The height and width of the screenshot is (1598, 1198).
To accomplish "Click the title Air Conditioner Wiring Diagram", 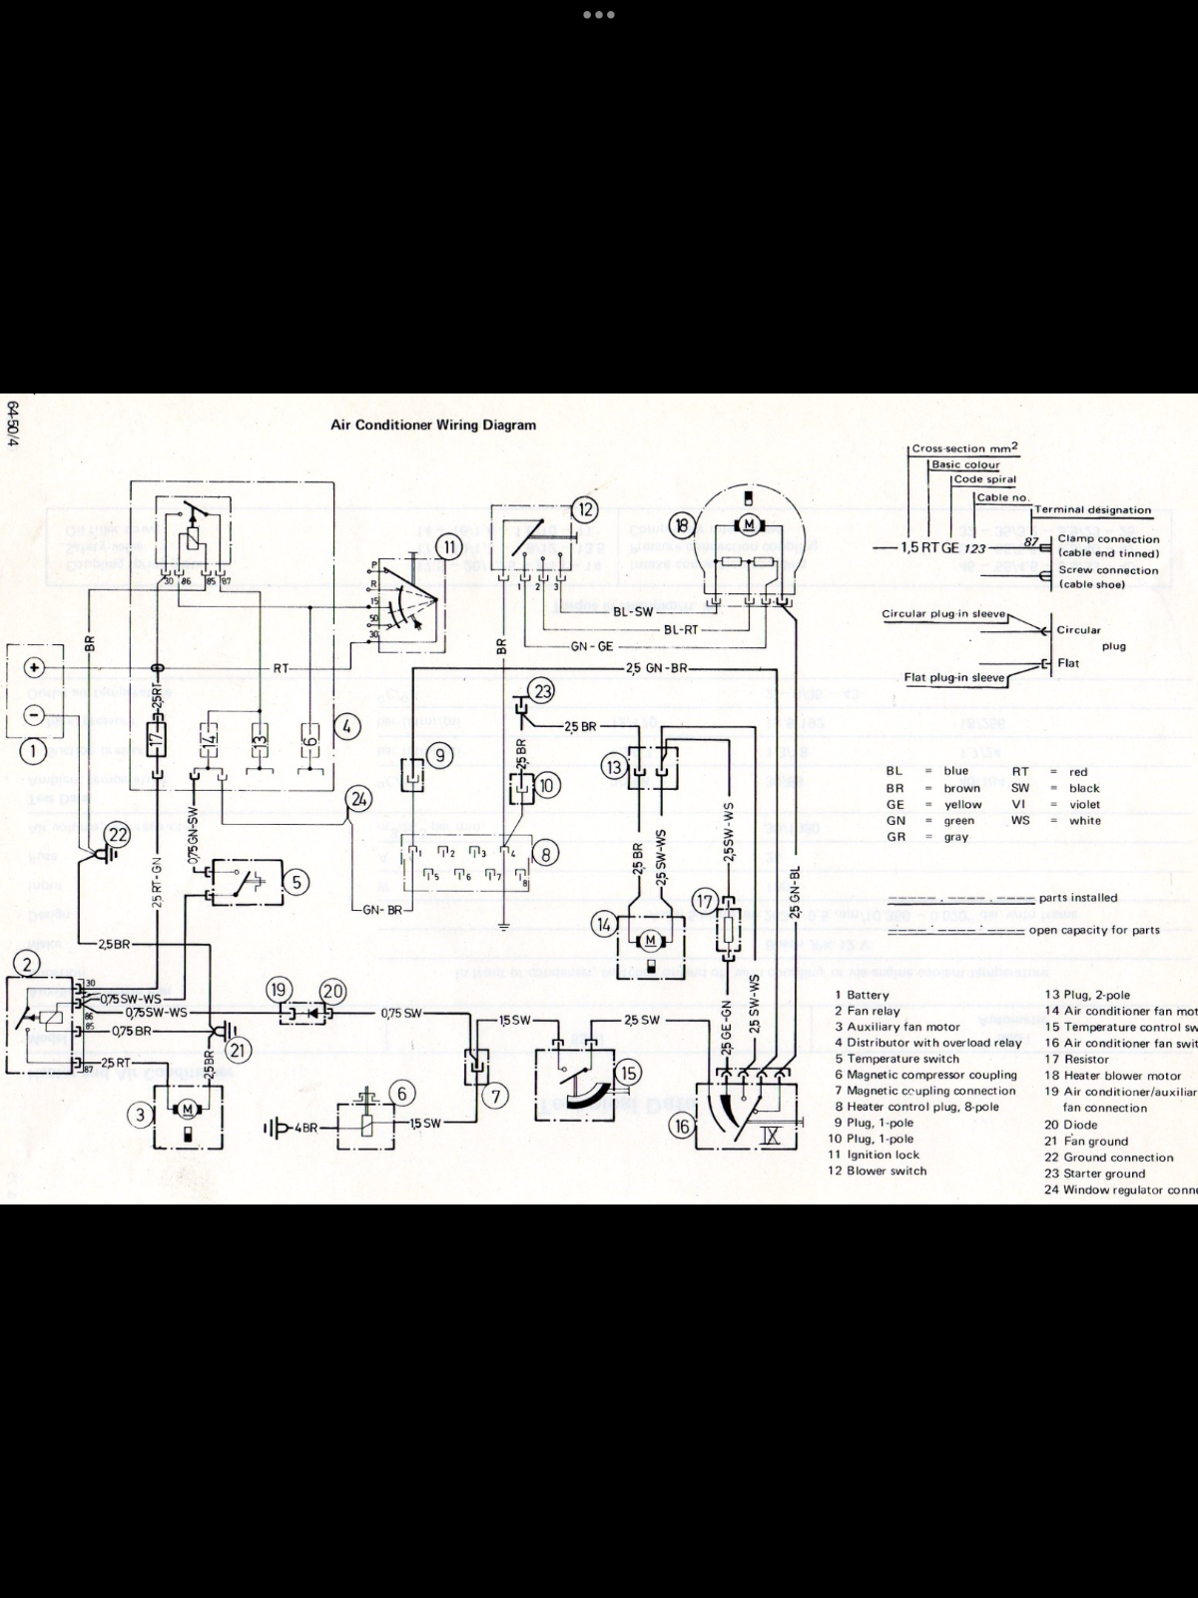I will click(433, 424).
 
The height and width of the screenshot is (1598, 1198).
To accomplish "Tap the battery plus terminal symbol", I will click(34, 667).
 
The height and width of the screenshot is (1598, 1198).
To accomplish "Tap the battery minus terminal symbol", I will click(34, 715).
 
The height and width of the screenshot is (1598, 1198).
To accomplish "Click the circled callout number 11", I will click(449, 546).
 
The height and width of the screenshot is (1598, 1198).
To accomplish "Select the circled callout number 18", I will click(682, 524).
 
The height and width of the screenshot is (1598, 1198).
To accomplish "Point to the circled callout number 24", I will click(358, 799).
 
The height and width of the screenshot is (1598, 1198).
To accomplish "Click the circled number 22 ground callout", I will click(119, 834).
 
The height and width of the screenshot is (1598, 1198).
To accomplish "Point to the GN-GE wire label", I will click(592, 647).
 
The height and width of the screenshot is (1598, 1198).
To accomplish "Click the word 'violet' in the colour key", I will click(1084, 804).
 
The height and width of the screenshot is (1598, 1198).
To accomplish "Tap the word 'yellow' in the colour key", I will click(962, 804).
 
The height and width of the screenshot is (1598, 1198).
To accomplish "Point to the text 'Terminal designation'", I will click(1092, 510).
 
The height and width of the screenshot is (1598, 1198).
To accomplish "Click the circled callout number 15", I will click(629, 1074).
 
